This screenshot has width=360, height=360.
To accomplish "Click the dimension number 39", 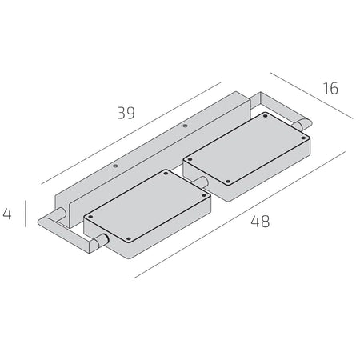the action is coord(126,113).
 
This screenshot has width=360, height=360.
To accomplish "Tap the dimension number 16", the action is coord(330,88).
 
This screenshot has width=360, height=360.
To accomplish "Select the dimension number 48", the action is coord(260,222).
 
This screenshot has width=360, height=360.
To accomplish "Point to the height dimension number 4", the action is coord(7,214).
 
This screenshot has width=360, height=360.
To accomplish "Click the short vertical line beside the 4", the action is coord(26,214).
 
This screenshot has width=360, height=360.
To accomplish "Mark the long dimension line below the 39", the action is coord(131,134).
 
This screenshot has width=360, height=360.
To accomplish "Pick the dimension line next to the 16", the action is coord(311,95).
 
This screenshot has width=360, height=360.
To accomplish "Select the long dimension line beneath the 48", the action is coord(239,215).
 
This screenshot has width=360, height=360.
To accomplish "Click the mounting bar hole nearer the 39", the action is coord(185,126).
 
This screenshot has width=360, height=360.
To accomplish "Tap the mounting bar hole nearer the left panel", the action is coord(115,166).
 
